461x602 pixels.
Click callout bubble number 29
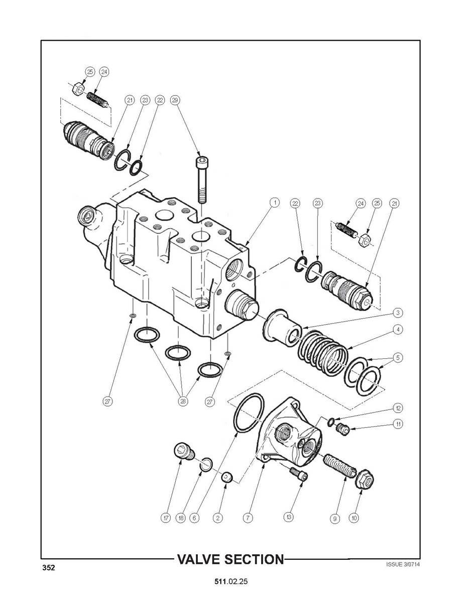(x=175, y=100)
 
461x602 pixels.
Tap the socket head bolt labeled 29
(x=201, y=179)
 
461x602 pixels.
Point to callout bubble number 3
(x=399, y=313)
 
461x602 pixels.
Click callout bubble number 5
(x=399, y=358)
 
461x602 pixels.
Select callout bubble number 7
(x=248, y=518)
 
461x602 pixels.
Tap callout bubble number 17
(x=166, y=518)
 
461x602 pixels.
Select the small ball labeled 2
(x=227, y=477)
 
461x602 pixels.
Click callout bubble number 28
(x=183, y=402)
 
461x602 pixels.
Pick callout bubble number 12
(x=399, y=408)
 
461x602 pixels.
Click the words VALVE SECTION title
(x=230, y=559)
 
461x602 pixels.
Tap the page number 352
(x=48, y=567)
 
